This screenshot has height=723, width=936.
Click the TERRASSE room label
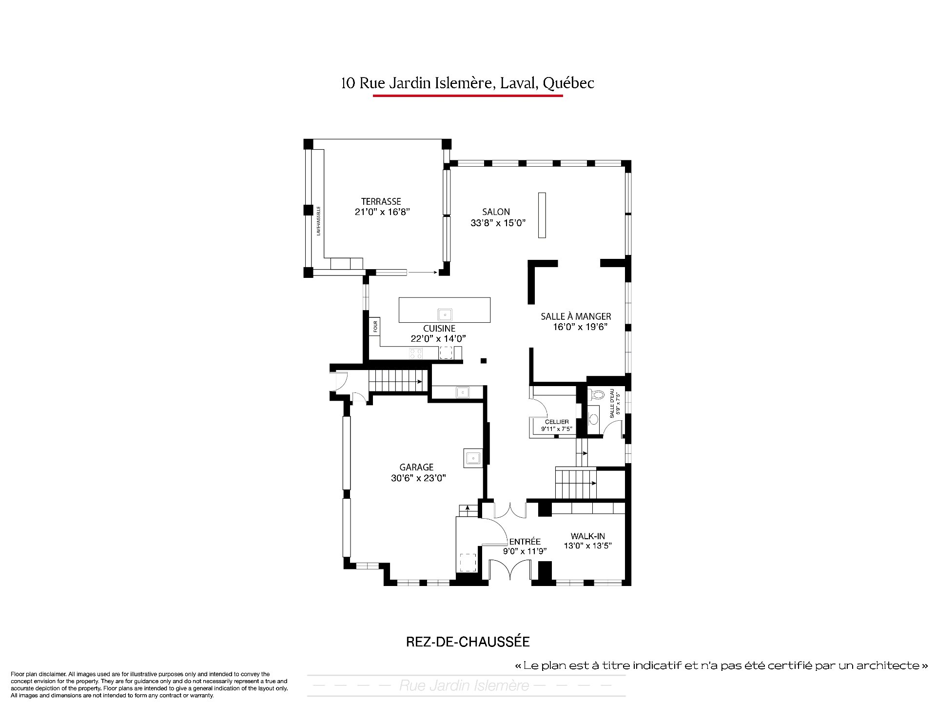click(381, 201)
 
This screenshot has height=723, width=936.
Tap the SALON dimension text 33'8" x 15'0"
click(498, 223)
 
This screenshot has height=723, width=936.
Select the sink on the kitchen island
click(445, 314)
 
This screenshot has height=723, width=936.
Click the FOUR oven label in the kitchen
click(375, 326)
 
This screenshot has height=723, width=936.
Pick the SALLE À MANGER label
click(576, 316)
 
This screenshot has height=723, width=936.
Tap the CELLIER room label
click(557, 422)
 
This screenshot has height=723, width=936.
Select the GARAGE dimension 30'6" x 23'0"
click(418, 478)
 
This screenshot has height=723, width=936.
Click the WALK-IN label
click(588, 536)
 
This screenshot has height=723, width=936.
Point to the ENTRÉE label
click(525, 542)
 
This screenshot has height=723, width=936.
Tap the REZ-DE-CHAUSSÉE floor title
click(468, 642)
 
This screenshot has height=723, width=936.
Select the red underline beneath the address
click(468, 96)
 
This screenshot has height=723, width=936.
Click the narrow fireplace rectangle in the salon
click(542, 215)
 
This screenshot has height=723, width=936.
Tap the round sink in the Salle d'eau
click(594, 419)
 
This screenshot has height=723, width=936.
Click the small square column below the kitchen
click(484, 361)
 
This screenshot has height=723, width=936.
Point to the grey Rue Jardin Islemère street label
click(464, 686)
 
